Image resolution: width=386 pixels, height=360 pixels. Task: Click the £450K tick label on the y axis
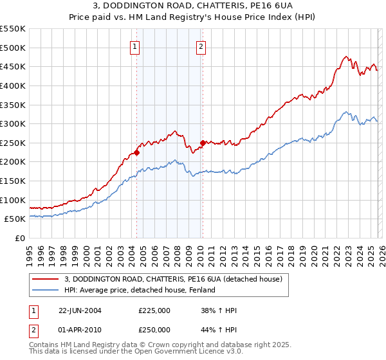tap(13, 66)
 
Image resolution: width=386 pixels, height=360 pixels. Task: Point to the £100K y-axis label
tap(13, 200)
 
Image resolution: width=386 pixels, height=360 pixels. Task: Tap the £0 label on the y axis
tap(19, 238)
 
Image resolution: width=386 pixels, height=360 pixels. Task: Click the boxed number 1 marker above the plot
tap(135, 46)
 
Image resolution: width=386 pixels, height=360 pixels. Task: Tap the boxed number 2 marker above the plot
tap(201, 46)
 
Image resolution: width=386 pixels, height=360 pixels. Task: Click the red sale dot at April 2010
tap(203, 143)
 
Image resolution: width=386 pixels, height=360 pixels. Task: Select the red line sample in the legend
tap(46, 278)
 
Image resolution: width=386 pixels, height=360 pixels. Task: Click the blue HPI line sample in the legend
tap(46, 290)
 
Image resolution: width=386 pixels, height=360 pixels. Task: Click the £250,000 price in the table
tap(154, 329)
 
